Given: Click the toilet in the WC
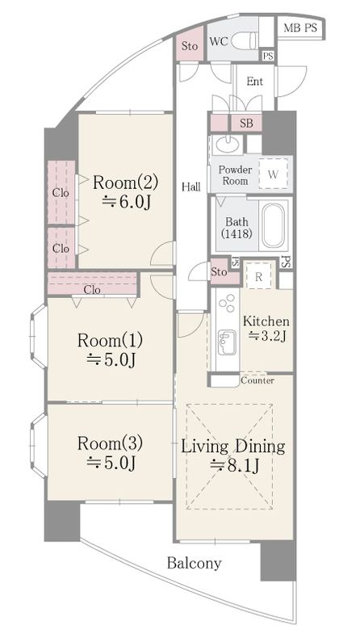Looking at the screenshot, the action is (245, 40).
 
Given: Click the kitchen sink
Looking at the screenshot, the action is (227, 342).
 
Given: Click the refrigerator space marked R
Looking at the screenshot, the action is (258, 276).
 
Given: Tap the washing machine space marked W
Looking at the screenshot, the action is (274, 174).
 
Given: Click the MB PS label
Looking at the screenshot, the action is (300, 28).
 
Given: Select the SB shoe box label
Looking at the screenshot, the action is (246, 124).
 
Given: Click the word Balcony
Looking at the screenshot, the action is (194, 564).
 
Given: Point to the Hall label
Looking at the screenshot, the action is (191, 187).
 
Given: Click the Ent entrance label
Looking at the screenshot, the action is (255, 82).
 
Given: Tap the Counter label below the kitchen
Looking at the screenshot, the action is (257, 381).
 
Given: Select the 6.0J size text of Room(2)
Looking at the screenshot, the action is (125, 202).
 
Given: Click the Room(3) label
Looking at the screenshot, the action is (110, 443).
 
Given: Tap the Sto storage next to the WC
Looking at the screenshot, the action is (190, 46).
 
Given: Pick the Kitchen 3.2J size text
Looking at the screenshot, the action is (267, 336).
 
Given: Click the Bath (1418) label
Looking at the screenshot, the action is (237, 228).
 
